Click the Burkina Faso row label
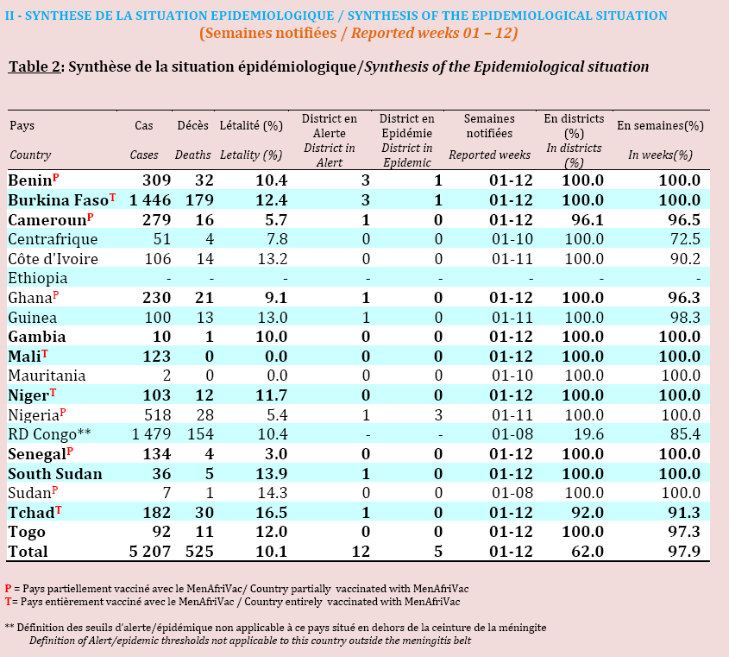(x=58, y=200)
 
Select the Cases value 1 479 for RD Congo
(x=151, y=434)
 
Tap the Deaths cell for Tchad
(x=204, y=512)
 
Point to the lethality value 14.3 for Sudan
(x=273, y=493)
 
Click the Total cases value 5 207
(x=150, y=552)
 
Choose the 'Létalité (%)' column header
(x=251, y=126)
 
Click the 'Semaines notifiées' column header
(x=489, y=126)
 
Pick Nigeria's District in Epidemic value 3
(x=438, y=414)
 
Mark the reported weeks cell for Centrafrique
(x=512, y=239)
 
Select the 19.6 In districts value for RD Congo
(x=588, y=434)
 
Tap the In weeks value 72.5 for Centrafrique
(x=685, y=239)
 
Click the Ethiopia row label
(x=38, y=278)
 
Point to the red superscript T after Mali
(x=45, y=354)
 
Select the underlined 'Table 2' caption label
(x=35, y=67)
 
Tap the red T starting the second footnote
(x=8, y=602)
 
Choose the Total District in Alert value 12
(x=361, y=552)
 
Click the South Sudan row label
(x=55, y=474)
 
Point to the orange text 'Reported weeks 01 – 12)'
(x=434, y=33)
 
